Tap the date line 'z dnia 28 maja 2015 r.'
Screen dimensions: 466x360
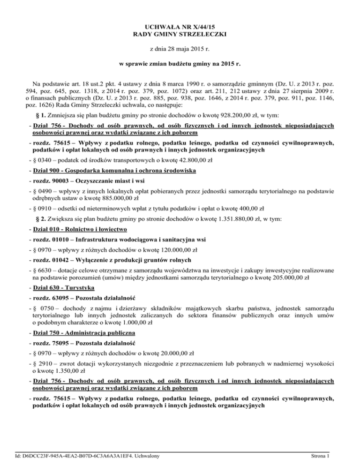coord(180,49)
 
